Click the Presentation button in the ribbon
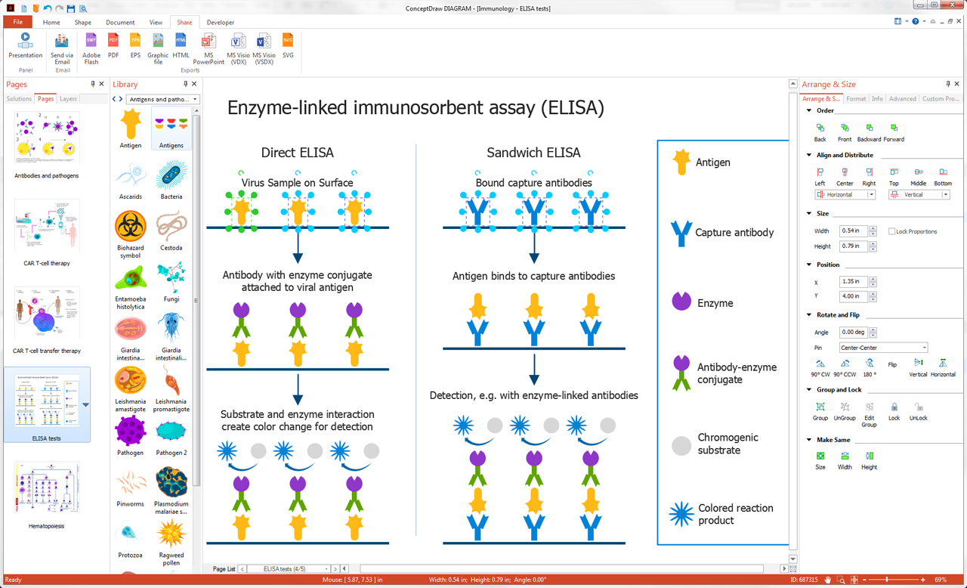[x=25, y=45]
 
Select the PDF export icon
[x=113, y=45]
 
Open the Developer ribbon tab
[x=220, y=23]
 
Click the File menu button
[x=17, y=23]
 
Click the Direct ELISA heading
[x=297, y=153]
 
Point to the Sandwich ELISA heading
[x=533, y=153]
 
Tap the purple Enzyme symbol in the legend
[x=681, y=301]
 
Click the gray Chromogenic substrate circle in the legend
[x=681, y=445]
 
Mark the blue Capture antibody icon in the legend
[x=681, y=233]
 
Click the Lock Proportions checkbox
[x=892, y=231]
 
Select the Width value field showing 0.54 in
[x=854, y=231]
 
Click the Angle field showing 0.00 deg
[x=854, y=333]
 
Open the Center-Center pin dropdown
[x=923, y=348]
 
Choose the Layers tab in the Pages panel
[x=68, y=99]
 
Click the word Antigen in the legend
[x=712, y=162]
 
